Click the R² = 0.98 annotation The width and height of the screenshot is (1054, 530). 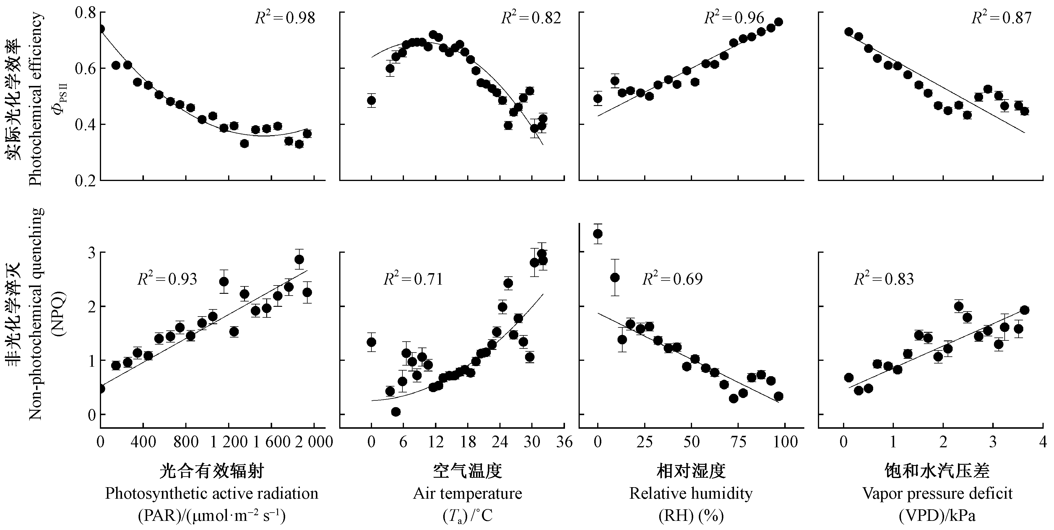click(285, 18)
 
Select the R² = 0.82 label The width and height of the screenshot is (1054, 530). click(531, 18)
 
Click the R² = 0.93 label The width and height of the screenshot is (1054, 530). click(167, 279)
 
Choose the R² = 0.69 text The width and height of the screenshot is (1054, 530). click(672, 279)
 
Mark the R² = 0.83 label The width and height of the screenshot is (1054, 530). click(884, 279)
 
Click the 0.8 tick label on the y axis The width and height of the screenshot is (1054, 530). click(85, 13)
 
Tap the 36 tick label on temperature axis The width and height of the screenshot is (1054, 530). click(564, 442)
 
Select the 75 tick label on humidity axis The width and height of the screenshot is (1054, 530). click(738, 442)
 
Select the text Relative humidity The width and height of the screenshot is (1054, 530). click(691, 494)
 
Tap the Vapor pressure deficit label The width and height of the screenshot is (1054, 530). click(937, 494)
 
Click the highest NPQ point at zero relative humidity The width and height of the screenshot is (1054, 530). click(598, 234)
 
